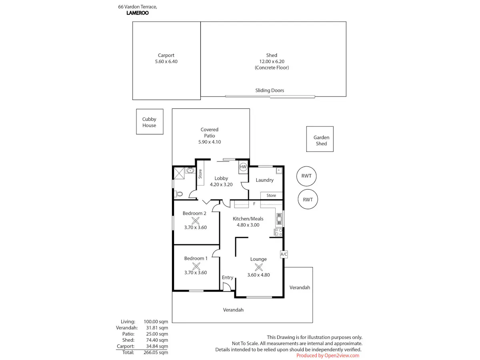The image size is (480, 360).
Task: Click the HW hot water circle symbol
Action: click(x=243, y=167)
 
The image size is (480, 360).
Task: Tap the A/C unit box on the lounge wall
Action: click(x=284, y=254)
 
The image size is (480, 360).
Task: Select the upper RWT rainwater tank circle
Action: click(x=306, y=176)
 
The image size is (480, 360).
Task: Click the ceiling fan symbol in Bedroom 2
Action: click(x=195, y=220)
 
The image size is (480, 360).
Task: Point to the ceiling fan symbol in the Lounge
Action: click(x=258, y=267)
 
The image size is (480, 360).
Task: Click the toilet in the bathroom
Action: click(x=179, y=194)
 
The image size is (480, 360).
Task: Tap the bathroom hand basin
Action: click(x=190, y=170)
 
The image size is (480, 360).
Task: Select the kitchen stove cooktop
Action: click(x=278, y=232)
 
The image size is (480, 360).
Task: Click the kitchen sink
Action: click(x=279, y=219)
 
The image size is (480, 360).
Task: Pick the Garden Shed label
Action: click(x=321, y=140)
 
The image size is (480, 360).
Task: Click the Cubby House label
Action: click(x=149, y=122)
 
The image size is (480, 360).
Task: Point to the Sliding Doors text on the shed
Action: click(x=270, y=90)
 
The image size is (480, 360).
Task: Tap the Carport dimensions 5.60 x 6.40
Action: click(x=166, y=62)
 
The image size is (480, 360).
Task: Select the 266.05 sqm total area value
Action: click(x=156, y=352)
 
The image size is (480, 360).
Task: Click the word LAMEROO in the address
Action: click(x=137, y=13)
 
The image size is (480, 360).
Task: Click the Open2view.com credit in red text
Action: click(x=342, y=356)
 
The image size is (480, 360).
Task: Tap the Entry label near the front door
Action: click(x=228, y=277)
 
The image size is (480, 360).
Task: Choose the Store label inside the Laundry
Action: click(x=271, y=196)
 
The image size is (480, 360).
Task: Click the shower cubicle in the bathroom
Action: click(x=179, y=173)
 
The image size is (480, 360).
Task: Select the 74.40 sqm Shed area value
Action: click(x=157, y=340)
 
